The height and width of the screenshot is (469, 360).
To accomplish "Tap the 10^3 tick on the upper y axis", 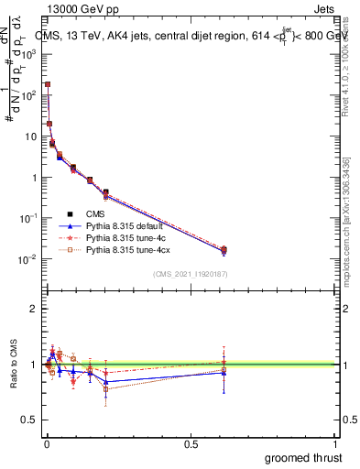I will point(31,54).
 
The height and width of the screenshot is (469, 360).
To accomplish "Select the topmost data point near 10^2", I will point(48,84).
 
